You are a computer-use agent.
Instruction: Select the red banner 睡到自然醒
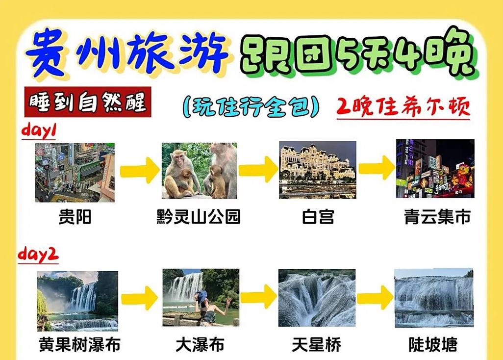[x=87, y=103]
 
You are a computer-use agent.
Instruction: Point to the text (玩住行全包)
[x=251, y=106]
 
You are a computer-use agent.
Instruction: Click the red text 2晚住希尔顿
[x=403, y=106]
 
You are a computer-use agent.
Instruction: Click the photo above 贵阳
[x=75, y=172]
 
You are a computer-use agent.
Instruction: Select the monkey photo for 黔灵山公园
[x=200, y=171]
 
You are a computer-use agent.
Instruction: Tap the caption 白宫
[x=318, y=216]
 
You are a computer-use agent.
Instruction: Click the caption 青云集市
[x=437, y=216]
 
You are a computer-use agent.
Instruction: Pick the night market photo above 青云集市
[x=435, y=169]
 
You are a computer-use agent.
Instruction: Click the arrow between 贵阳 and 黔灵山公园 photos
[x=139, y=170]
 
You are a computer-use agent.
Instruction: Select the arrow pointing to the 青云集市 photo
[x=376, y=169]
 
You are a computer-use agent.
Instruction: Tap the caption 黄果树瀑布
[x=79, y=345]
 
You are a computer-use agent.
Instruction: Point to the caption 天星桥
[x=317, y=345]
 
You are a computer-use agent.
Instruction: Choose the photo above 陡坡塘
[x=433, y=298]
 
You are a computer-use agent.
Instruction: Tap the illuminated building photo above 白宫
[x=318, y=170]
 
